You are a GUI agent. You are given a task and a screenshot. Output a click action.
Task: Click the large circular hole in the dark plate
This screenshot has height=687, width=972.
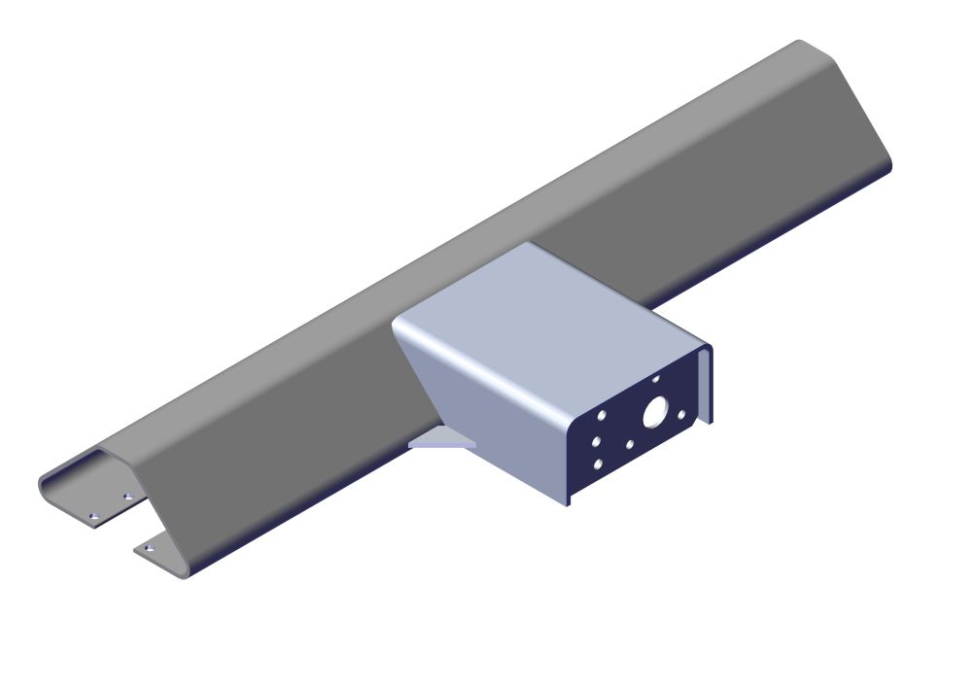(x=654, y=412)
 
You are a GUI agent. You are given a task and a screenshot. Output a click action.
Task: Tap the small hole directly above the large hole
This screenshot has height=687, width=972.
(x=656, y=379)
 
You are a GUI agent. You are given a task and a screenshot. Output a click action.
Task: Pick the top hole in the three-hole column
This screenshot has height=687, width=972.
(x=602, y=415)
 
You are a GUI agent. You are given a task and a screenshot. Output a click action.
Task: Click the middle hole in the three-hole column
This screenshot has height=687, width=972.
(x=596, y=441)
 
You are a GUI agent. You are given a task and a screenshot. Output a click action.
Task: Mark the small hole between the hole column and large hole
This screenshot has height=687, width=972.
(x=630, y=445)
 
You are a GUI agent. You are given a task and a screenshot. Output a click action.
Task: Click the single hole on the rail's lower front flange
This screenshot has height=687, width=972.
(x=149, y=549)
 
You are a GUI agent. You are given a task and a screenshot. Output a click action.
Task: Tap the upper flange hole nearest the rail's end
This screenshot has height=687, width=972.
(x=93, y=517)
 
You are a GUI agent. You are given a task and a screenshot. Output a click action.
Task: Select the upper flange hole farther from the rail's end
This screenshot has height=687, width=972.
(x=127, y=497)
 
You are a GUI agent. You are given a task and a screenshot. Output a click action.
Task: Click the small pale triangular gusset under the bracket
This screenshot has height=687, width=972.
(x=442, y=441)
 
